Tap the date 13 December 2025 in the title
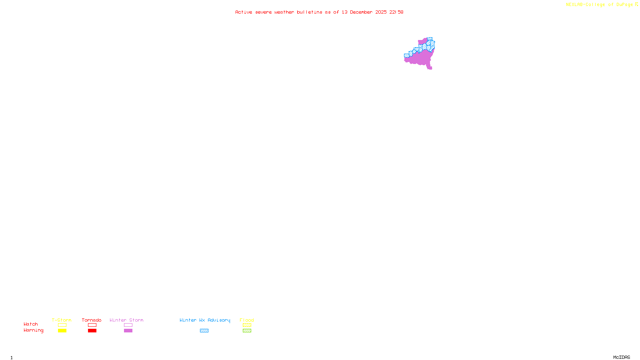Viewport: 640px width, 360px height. (x=364, y=12)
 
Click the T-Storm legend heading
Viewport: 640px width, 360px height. (x=62, y=320)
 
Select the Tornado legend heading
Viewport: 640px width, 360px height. (x=92, y=320)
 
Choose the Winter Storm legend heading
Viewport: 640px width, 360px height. (x=126, y=320)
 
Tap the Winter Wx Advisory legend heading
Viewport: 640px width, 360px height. (x=205, y=320)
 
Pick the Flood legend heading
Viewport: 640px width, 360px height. (x=247, y=320)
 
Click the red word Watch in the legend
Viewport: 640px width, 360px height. (x=31, y=324)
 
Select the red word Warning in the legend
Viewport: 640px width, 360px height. (x=34, y=330)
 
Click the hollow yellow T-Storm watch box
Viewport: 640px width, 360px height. (x=62, y=325)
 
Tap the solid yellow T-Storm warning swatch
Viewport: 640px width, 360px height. (x=62, y=331)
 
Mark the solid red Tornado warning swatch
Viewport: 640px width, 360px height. (x=92, y=331)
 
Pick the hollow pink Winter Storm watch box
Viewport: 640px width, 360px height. (x=128, y=325)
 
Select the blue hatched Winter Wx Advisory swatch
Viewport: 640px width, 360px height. (x=204, y=331)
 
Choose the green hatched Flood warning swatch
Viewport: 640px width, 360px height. (x=247, y=331)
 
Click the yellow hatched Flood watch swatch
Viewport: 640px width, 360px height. (x=247, y=325)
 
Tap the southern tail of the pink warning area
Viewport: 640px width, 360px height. (x=430, y=67)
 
